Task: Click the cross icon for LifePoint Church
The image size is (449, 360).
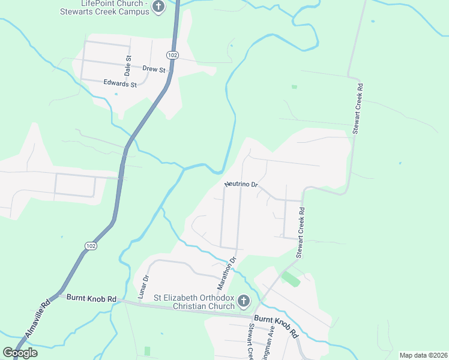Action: tap(158, 7)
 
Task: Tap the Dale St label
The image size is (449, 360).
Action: tap(128, 62)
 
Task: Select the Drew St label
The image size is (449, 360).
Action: tap(154, 70)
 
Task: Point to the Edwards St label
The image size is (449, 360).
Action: tap(120, 83)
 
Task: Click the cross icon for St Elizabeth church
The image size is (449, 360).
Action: tap(243, 300)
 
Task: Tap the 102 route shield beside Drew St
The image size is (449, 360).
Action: tap(173, 55)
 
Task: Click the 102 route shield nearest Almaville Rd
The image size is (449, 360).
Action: tap(91, 246)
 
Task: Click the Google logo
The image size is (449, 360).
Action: tap(20, 353)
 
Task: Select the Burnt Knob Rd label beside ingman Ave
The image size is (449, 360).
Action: tap(276, 325)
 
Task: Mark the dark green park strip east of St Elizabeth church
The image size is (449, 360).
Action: tap(291, 278)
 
